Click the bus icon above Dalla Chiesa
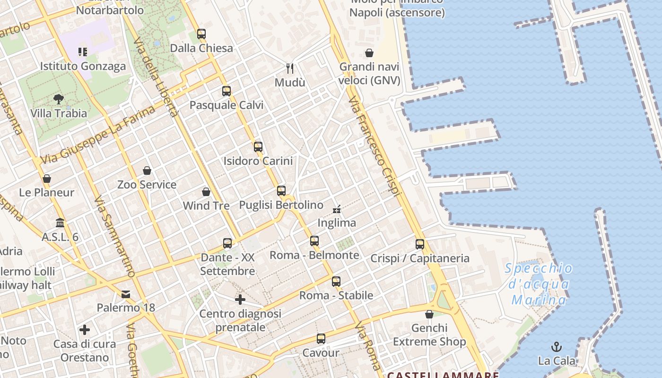201,34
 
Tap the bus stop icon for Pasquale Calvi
226,91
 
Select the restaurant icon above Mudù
290,69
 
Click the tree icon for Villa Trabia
59,99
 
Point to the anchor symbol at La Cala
557,347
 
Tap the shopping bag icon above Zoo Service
147,171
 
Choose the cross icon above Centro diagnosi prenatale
240,300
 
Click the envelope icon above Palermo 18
126,294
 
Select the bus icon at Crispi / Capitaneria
420,244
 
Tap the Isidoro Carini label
258,161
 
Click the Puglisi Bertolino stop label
281,205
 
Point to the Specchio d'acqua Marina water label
539,284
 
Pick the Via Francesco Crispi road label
375,146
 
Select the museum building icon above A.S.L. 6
60,223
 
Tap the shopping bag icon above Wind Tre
206,192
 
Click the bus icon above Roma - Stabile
336,282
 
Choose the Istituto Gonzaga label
83,66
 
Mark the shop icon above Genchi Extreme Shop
429,314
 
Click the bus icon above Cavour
321,339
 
